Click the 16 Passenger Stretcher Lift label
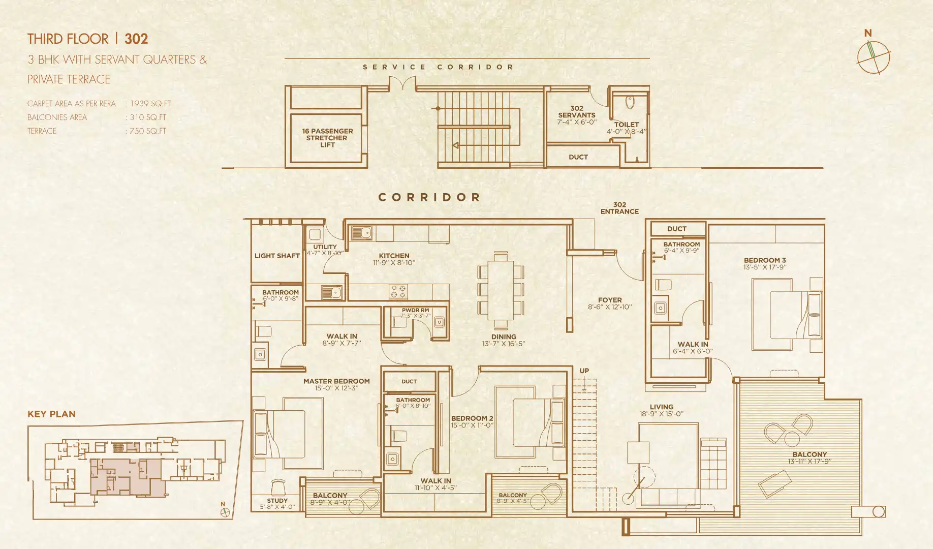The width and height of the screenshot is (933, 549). pyautogui.click(x=327, y=138)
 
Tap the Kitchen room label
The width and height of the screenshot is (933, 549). pyautogui.click(x=394, y=256)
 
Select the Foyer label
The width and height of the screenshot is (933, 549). pyautogui.click(x=610, y=300)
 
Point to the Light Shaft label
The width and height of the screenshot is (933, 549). pyautogui.click(x=277, y=256)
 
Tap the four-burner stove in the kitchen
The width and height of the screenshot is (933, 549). pyautogui.click(x=398, y=292)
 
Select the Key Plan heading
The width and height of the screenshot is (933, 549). pyautogui.click(x=51, y=414)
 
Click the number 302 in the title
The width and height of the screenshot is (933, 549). pyautogui.click(x=136, y=39)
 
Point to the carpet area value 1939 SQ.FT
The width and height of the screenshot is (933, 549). pyautogui.click(x=150, y=104)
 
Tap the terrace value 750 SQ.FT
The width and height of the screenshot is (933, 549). pyautogui.click(x=148, y=131)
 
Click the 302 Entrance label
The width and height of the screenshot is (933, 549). pyautogui.click(x=619, y=208)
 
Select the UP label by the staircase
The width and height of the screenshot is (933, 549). pyautogui.click(x=584, y=371)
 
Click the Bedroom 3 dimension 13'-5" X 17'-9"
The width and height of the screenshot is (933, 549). pyautogui.click(x=765, y=267)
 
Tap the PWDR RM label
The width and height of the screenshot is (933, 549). pyautogui.click(x=415, y=310)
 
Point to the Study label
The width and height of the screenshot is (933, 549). pyautogui.click(x=277, y=501)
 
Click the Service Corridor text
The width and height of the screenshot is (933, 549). pyautogui.click(x=438, y=67)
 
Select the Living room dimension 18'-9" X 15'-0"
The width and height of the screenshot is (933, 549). pyautogui.click(x=661, y=414)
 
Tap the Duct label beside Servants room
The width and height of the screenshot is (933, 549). pyautogui.click(x=578, y=157)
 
